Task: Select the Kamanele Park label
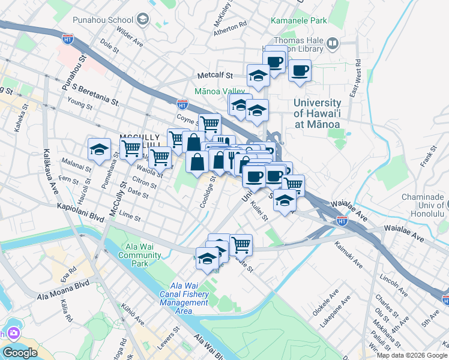[299, 20]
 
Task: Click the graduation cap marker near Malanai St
[99, 150]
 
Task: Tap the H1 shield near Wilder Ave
[68, 38]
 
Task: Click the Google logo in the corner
[20, 352]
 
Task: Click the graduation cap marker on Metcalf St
[258, 76]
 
